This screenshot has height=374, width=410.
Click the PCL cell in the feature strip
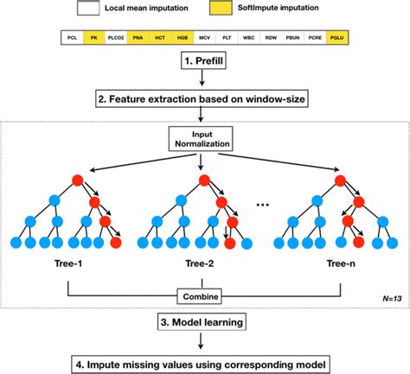(x=73, y=39)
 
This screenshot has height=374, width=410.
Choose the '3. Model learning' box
(x=204, y=327)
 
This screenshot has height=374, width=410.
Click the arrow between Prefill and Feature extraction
(x=204, y=81)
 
